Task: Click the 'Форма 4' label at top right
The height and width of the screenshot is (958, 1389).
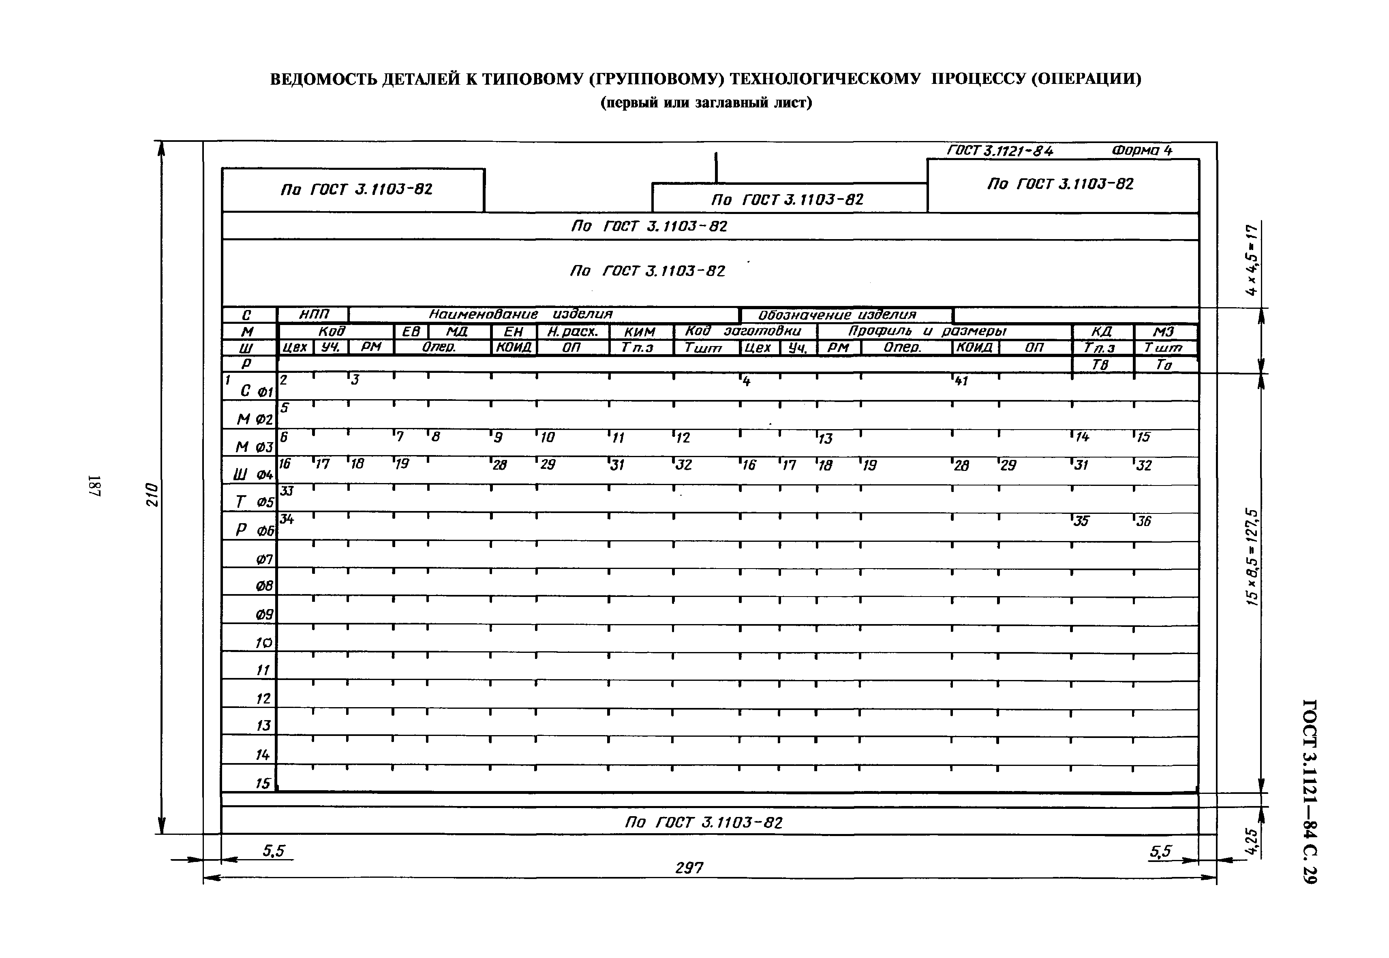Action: pyautogui.click(x=1141, y=150)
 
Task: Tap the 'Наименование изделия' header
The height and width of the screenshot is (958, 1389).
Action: pyautogui.click(x=520, y=314)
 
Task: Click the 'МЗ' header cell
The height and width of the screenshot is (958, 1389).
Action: pyautogui.click(x=1163, y=332)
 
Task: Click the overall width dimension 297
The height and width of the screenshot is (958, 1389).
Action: pyautogui.click(x=689, y=867)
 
